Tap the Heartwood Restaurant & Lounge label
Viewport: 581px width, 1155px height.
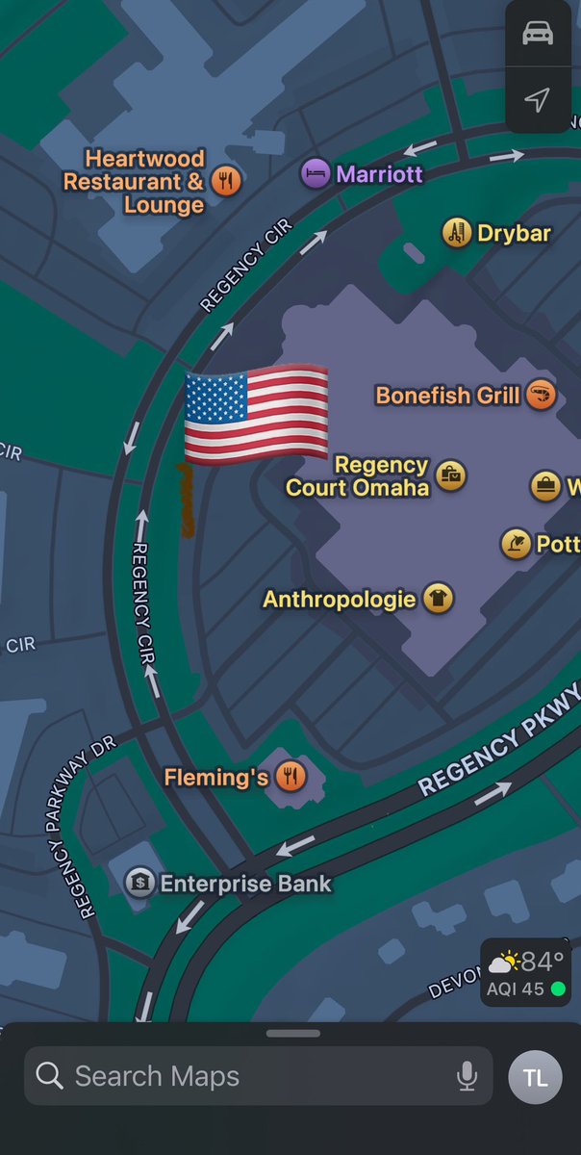135,181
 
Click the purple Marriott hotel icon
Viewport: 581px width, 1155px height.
315,174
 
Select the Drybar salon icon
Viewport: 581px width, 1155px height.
457,232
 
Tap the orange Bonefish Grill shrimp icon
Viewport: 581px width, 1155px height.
541,395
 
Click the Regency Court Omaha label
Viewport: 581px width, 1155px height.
357,476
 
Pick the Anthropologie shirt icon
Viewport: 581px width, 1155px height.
438,599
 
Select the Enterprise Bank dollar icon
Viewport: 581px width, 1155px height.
140,882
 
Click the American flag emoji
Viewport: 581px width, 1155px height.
255,416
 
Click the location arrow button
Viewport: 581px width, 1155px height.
538,99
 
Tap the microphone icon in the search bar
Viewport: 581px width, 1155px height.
467,1075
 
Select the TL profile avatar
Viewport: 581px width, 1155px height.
536,1075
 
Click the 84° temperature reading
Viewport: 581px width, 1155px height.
542,961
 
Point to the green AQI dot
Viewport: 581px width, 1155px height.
557,988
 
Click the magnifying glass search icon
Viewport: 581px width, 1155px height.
50,1075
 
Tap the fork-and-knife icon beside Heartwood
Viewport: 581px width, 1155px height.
225,180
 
